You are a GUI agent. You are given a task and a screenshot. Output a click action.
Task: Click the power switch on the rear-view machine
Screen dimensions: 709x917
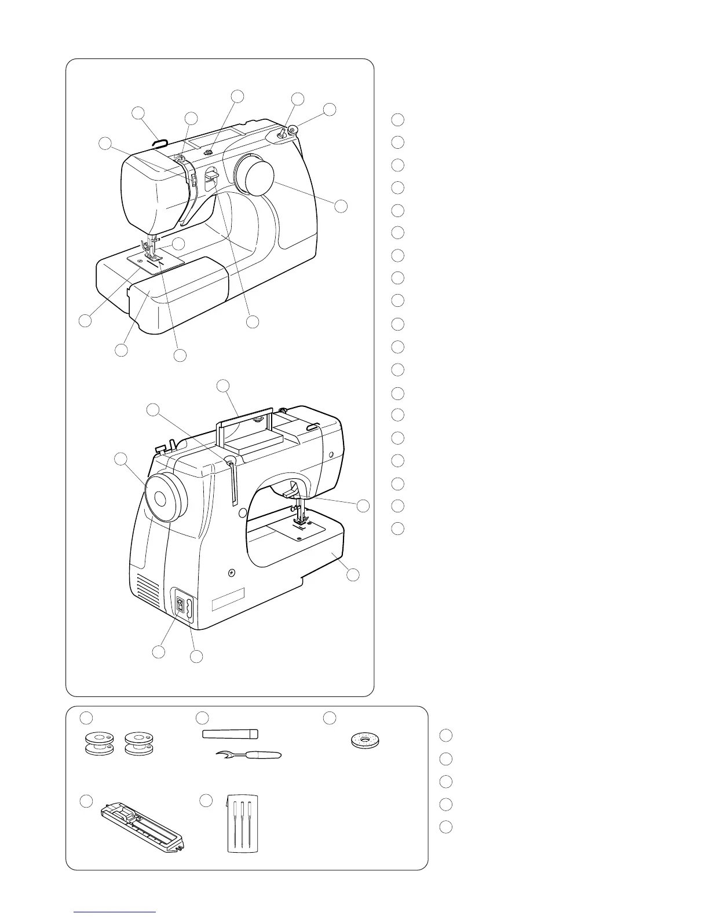pyautogui.click(x=181, y=606)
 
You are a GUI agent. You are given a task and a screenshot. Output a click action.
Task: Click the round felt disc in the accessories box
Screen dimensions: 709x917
pyautogui.click(x=365, y=740)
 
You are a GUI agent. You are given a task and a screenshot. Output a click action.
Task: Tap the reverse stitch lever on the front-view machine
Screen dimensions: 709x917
pyautogui.click(x=211, y=176)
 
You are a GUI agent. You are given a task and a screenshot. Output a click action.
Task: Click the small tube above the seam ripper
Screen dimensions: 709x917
pyautogui.click(x=230, y=734)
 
